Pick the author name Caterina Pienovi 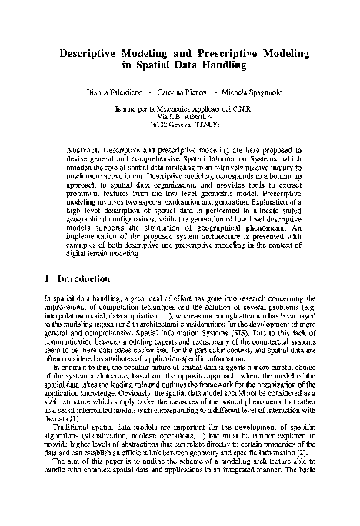coord(178,93)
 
